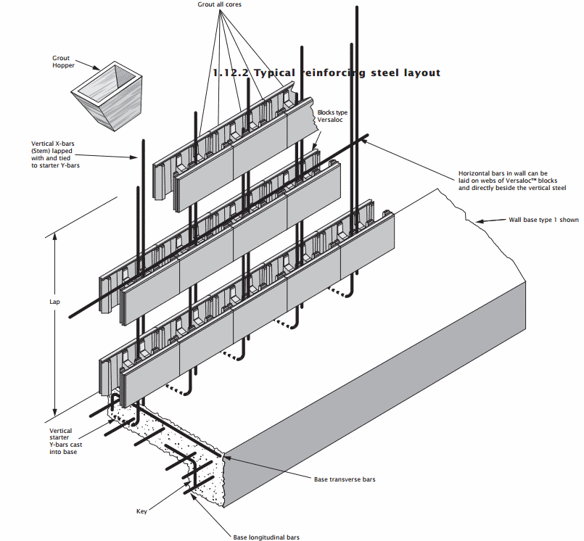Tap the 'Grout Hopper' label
coord(63,62)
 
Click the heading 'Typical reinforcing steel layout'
coord(326,73)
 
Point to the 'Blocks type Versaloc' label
coord(333,117)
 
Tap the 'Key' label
coord(141,511)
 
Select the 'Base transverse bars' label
coord(345,479)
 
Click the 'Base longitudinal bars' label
coord(266,537)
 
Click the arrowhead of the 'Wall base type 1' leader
coord(477,220)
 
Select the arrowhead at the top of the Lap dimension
coord(55,234)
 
